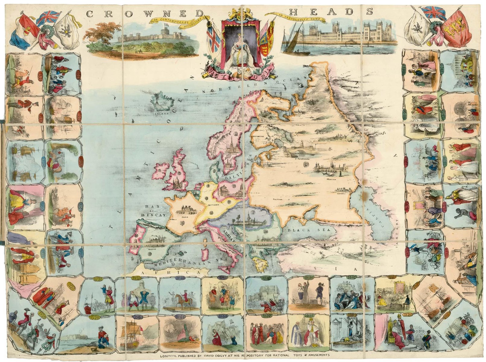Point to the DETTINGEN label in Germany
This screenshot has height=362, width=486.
(213, 205)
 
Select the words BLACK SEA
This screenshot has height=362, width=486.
(312, 230)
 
